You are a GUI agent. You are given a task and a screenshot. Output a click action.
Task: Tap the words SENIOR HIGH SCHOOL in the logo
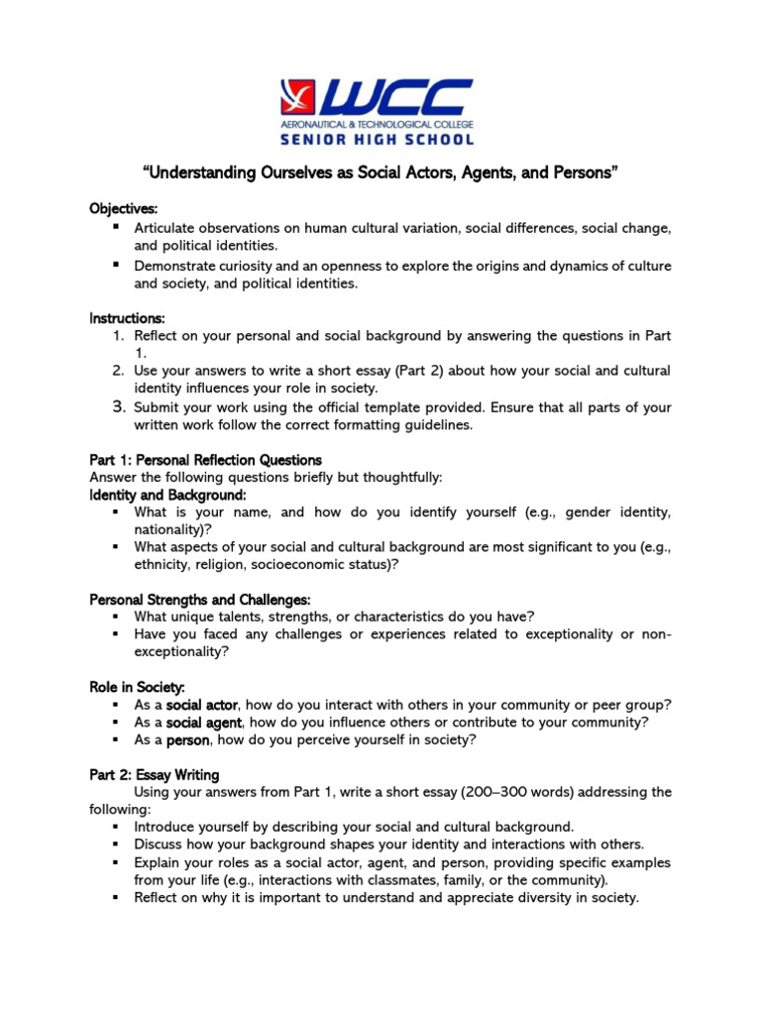coord(380,139)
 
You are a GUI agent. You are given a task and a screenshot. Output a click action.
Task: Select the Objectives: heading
coord(124,209)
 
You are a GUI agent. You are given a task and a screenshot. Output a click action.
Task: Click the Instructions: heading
coord(128,318)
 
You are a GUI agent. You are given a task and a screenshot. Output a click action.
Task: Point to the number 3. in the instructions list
coord(118,407)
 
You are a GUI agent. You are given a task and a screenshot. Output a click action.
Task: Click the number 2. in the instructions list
coord(118,371)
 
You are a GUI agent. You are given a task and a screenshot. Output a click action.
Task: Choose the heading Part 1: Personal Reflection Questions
coord(205,460)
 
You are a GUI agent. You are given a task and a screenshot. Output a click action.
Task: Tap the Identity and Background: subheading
coord(167,495)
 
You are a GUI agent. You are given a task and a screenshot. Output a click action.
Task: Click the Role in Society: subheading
coord(137,687)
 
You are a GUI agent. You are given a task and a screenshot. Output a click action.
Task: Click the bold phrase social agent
coord(205,723)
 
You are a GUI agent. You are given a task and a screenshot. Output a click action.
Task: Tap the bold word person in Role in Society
coord(188,740)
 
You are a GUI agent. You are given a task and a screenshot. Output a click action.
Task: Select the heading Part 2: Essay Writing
coord(155,774)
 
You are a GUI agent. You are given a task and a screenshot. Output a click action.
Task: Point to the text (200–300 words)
coord(561,792)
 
